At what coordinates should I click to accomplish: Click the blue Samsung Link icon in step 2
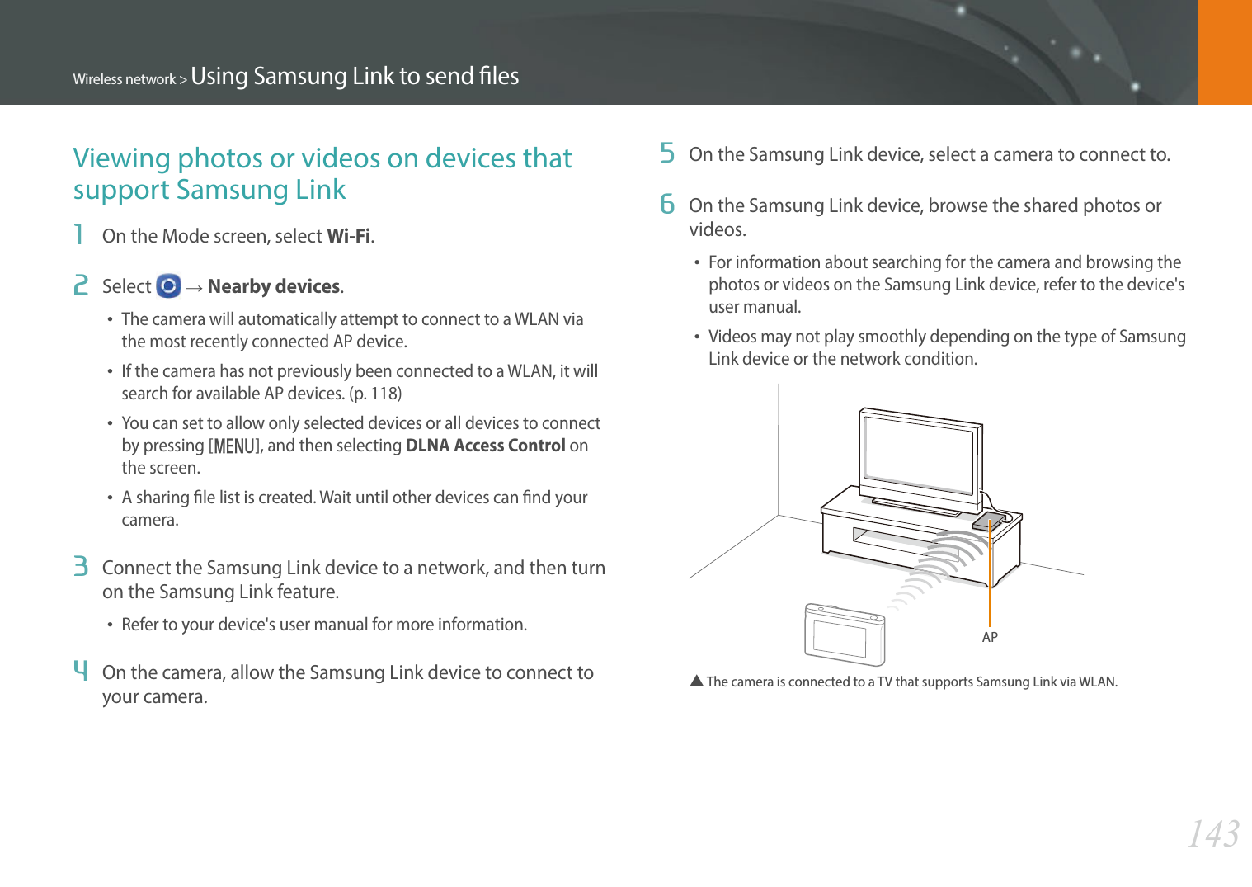168,286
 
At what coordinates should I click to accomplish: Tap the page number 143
1213,834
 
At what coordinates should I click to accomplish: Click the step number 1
79,235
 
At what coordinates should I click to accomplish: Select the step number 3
80,567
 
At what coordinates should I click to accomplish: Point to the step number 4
80,670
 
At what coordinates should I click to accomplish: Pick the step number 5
667,153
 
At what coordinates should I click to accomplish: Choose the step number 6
667,205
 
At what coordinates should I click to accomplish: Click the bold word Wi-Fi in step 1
349,236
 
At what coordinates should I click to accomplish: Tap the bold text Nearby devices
274,286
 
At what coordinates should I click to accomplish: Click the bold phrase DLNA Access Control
485,446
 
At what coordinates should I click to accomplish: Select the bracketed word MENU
235,446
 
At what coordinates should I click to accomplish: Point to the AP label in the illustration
990,637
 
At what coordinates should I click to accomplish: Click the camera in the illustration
844,635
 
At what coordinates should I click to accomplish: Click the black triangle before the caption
696,682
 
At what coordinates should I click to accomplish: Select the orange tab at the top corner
1225,52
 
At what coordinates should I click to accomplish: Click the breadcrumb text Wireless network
125,79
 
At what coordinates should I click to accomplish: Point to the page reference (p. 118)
375,394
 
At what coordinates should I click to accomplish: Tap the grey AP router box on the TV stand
988,521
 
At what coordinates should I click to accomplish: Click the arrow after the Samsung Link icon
195,287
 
